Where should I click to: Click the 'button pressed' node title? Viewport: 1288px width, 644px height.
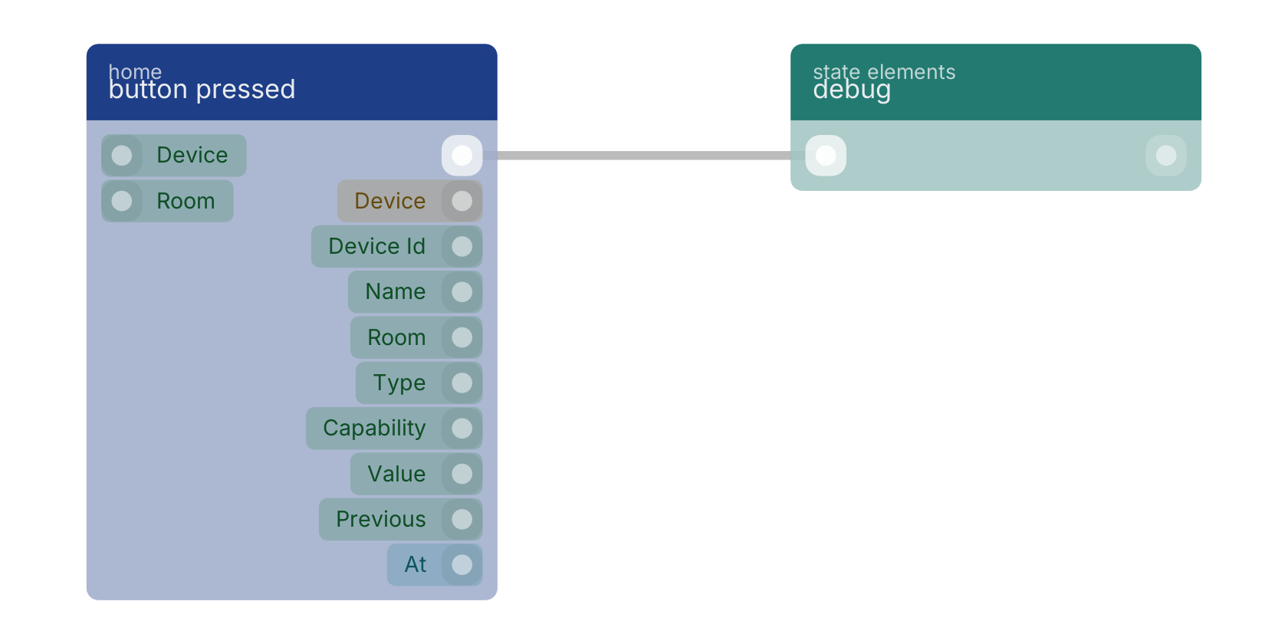(x=202, y=90)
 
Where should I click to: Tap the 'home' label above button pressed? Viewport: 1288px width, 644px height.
(x=135, y=71)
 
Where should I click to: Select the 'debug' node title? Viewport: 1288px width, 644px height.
(x=852, y=90)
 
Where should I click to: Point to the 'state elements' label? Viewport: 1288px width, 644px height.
(x=884, y=71)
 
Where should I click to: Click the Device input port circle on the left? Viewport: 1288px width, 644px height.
(x=122, y=155)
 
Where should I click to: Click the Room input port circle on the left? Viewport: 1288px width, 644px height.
(x=122, y=201)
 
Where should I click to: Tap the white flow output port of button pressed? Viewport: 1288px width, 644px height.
(x=462, y=155)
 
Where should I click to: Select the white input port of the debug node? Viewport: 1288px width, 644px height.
(x=826, y=155)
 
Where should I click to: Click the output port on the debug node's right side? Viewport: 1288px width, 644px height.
(x=1166, y=155)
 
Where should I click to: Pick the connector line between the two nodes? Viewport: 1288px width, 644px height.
(x=644, y=155)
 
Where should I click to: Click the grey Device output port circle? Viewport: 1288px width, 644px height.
(x=462, y=201)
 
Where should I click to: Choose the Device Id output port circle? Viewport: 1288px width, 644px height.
(x=462, y=247)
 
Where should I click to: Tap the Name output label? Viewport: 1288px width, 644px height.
(x=396, y=291)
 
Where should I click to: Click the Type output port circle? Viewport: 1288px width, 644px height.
(x=462, y=383)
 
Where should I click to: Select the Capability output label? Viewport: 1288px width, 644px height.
(x=374, y=429)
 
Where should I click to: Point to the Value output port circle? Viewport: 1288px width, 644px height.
(x=462, y=474)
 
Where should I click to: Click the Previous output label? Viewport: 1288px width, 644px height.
(x=380, y=519)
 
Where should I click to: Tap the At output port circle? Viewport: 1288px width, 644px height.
(x=462, y=564)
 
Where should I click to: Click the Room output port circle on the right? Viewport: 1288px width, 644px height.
(x=462, y=337)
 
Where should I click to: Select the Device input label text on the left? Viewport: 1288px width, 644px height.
(x=192, y=155)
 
